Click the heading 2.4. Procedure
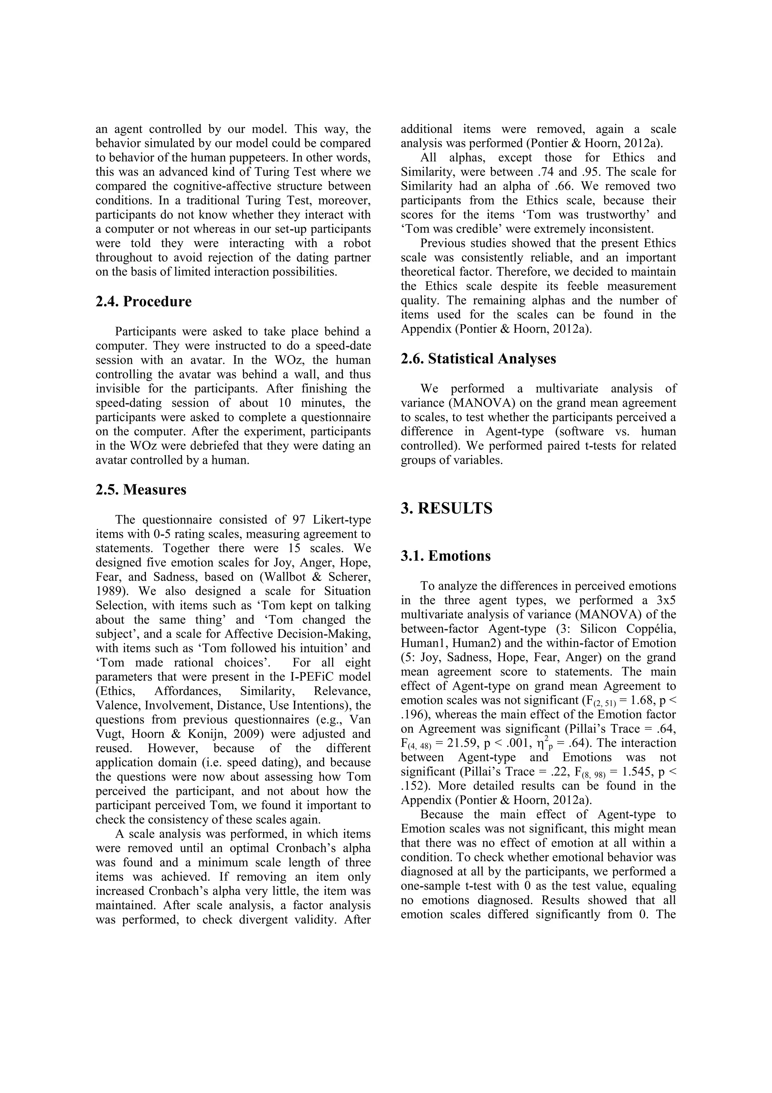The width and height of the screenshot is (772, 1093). click(143, 302)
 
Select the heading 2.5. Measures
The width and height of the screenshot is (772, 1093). click(141, 490)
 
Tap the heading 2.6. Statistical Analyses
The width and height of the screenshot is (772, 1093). click(478, 359)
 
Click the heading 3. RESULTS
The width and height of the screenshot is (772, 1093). click(447, 509)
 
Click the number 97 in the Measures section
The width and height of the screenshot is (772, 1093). click(298, 520)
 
